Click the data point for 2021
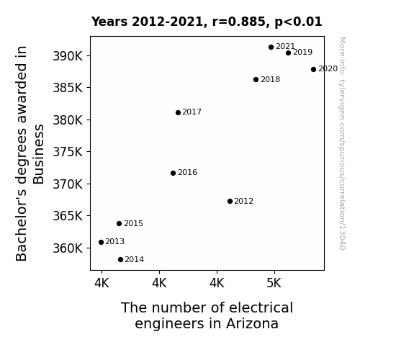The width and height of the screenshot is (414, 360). pos(271,48)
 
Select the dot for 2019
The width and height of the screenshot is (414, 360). pos(288,53)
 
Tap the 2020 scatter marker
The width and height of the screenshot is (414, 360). pos(313,69)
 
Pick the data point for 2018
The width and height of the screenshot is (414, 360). pos(256,79)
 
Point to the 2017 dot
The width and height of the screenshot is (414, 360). pos(179,113)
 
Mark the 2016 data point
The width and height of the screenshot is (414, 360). pos(174,174)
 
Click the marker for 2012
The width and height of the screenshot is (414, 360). pos(230,202)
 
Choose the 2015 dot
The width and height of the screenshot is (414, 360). pos(119,224)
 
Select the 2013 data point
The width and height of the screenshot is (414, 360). pos(101,242)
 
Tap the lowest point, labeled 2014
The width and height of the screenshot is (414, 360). pos(121,260)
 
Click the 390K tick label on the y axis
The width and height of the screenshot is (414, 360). pos(68,56)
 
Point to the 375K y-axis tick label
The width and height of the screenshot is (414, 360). pos(68,152)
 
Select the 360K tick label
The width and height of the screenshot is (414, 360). pos(68,248)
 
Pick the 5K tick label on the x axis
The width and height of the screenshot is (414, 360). pos(274,284)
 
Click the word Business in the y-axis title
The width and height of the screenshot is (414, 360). pos(39,154)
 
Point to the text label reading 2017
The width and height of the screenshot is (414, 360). pos(192,112)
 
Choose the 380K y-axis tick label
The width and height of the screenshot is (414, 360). pos(68,120)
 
